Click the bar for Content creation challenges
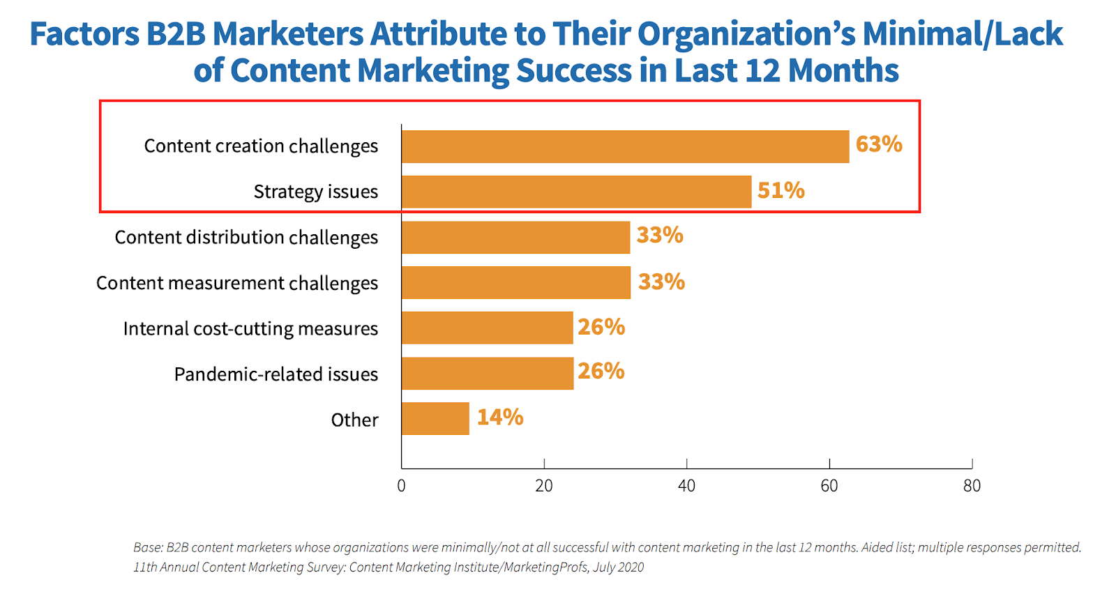coord(625,146)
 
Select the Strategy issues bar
coord(576,192)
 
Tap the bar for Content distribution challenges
coord(515,237)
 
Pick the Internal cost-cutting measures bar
coord(487,328)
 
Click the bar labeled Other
coord(435,418)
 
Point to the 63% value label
coord(879,144)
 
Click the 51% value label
coord(781,190)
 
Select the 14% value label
coord(500,417)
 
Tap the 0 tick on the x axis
coord(401,486)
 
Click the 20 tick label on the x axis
coord(544,486)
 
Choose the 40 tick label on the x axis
coord(686,486)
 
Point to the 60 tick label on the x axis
coord(829,486)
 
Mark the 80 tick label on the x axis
coord(972,486)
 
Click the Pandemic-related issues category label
coord(276,374)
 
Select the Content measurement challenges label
coord(237,283)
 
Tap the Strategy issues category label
coord(316,192)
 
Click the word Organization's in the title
coord(746,33)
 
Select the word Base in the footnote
coord(147,547)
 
